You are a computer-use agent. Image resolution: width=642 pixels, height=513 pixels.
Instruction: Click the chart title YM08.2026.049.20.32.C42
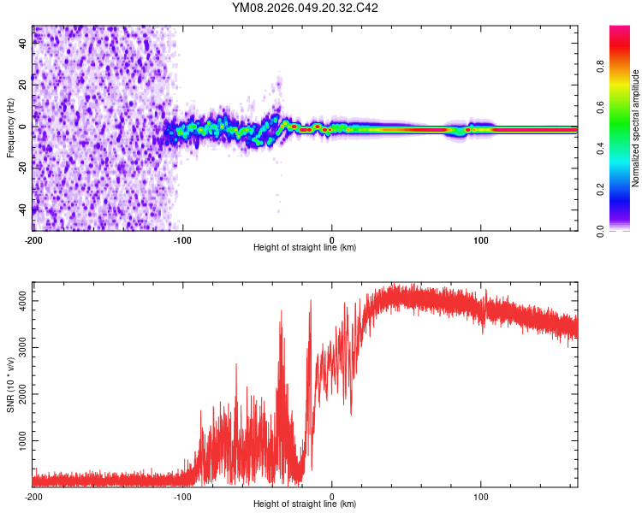(x=306, y=9)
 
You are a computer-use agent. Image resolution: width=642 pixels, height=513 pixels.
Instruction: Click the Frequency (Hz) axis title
(x=10, y=128)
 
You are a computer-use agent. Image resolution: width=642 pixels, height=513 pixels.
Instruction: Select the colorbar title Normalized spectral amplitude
(x=636, y=128)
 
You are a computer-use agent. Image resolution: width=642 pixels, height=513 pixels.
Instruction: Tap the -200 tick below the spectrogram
(x=33, y=239)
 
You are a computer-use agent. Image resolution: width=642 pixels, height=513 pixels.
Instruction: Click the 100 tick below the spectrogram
(x=481, y=239)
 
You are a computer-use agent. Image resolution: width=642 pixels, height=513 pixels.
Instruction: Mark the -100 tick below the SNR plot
(x=182, y=496)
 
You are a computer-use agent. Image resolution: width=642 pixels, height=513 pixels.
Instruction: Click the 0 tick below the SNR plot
(x=332, y=496)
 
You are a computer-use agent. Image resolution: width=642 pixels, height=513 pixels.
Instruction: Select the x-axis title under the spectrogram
(x=305, y=248)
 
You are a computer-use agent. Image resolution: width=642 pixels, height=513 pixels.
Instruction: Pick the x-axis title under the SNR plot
(x=305, y=505)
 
